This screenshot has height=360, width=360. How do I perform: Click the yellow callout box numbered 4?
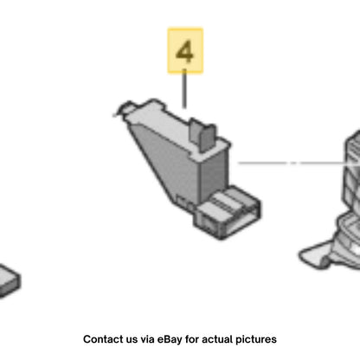point(185,51)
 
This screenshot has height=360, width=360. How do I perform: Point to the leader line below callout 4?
point(184,88)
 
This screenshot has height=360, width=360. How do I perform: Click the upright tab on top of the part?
point(202,134)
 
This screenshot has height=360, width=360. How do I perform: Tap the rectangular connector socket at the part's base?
point(228,212)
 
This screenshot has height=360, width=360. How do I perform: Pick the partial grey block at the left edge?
point(10,280)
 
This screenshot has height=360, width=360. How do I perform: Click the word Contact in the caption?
point(101,339)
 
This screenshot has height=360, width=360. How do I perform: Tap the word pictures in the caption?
point(256,340)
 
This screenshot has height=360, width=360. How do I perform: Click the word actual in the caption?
point(217,339)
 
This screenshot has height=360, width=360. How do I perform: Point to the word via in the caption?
point(147,339)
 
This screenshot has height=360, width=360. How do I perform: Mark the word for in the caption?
point(192,339)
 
